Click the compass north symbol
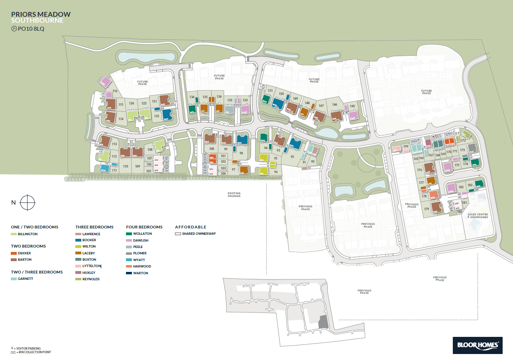28,203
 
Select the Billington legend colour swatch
14,234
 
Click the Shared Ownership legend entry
199,234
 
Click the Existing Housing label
234,195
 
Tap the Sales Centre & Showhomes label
478,215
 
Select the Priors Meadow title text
41,14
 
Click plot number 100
212,149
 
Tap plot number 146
335,104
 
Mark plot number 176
419,170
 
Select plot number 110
126,166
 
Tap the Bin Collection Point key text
33,352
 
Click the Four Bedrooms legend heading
144,227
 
